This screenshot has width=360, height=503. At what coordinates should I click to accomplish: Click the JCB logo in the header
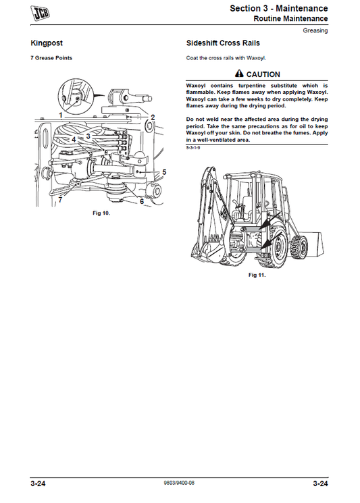(42, 11)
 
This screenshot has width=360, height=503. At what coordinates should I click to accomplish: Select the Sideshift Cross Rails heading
(223, 43)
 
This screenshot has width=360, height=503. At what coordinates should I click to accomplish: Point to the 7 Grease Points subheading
(51, 58)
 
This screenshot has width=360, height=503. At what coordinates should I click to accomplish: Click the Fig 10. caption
(101, 213)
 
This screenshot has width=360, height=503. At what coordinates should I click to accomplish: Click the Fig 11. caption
(257, 275)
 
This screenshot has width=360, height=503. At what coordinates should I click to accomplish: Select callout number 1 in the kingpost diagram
(60, 115)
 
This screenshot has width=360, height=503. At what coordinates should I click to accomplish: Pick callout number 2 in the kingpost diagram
(153, 117)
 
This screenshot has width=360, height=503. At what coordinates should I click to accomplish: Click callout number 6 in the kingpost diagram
(141, 201)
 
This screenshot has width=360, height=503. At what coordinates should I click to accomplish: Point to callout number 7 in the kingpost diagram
(59, 200)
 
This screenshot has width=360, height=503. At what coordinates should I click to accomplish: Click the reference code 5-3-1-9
(194, 157)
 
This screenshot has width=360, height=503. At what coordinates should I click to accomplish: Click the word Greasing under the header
(315, 30)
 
